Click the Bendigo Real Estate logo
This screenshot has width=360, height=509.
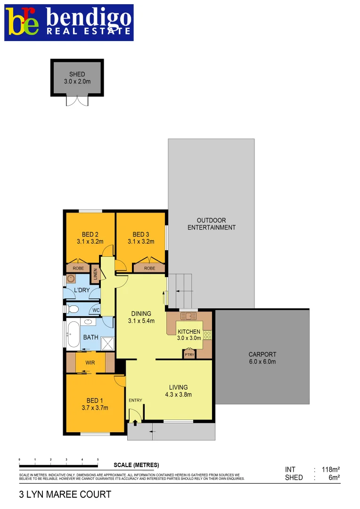click(x=69, y=23)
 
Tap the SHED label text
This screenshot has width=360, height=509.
click(x=77, y=74)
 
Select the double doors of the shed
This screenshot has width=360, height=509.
click(x=77, y=100)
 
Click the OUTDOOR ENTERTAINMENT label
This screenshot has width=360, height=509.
click(x=211, y=224)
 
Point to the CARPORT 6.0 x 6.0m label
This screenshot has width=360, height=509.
click(x=262, y=358)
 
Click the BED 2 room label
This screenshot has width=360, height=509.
click(x=90, y=238)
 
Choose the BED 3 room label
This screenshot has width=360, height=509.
click(x=140, y=238)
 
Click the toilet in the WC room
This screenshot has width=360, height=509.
click(x=73, y=310)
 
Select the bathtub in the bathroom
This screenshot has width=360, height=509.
click(x=73, y=335)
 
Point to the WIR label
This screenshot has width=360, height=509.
click(x=90, y=363)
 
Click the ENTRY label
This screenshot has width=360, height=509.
click(x=135, y=401)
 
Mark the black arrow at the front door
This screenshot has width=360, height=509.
click(x=136, y=423)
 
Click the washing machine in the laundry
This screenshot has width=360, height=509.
click(x=71, y=278)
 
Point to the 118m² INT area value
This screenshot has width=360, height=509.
click(x=330, y=469)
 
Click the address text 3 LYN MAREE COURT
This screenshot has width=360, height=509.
click(x=65, y=494)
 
